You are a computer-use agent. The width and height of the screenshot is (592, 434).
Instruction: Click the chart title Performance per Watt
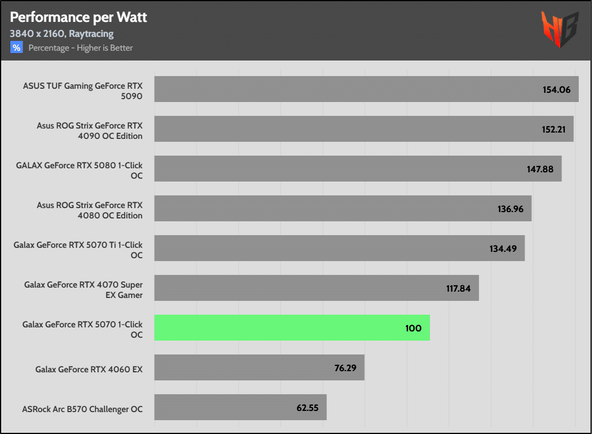(78, 17)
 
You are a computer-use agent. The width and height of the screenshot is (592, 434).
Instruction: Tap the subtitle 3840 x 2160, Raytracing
(62, 34)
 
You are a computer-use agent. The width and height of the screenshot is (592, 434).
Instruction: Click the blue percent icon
(17, 47)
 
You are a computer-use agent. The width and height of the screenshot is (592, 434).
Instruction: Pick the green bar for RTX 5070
(292, 328)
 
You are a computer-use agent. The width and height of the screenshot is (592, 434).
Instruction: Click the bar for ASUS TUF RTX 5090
(366, 89)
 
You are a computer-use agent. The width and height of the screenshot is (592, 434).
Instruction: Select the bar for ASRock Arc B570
(240, 407)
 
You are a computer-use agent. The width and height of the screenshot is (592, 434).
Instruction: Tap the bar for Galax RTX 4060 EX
(259, 368)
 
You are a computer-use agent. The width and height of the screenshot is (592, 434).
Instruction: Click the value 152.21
(551, 129)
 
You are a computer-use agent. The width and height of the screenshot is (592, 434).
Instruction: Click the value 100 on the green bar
(413, 328)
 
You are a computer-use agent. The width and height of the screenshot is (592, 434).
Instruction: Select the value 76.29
(345, 368)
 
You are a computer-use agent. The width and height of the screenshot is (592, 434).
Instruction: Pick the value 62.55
(308, 407)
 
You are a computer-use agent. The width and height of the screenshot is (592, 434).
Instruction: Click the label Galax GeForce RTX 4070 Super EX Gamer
(83, 290)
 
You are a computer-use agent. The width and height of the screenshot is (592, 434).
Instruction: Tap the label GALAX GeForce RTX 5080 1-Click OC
(79, 171)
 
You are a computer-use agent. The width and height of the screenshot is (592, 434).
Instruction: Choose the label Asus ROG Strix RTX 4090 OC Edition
(89, 131)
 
